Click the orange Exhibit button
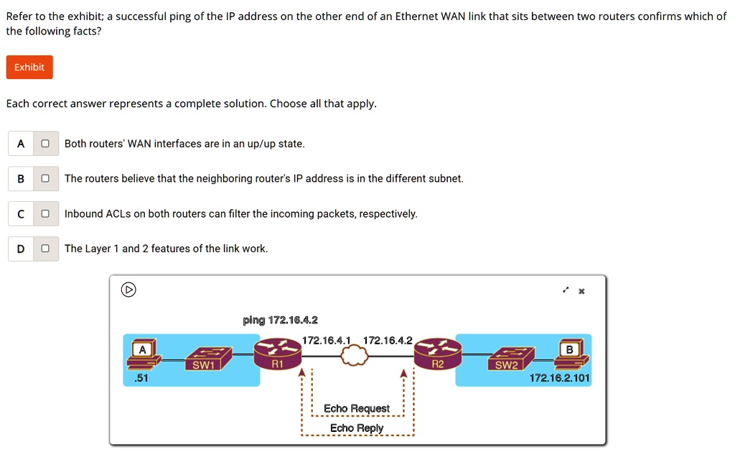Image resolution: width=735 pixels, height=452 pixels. tap(29, 68)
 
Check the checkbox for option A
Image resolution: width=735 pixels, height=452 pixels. tap(45, 144)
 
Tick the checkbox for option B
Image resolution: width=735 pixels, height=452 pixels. tap(45, 178)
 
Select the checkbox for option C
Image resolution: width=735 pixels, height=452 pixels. tap(45, 213)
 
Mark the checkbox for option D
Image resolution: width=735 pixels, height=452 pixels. tap(45, 249)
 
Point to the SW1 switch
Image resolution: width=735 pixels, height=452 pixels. tap(204, 357)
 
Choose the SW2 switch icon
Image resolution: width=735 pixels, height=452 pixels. tap(507, 357)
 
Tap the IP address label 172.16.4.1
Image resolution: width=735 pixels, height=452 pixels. tap(326, 340)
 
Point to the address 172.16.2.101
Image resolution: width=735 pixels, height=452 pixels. tap(559, 378)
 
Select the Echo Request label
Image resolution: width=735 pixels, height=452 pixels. tap(356, 409)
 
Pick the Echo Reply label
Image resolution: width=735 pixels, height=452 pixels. tap(356, 428)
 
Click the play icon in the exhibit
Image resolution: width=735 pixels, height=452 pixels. tap(128, 290)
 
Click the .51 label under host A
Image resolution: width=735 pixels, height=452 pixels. tap(141, 378)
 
